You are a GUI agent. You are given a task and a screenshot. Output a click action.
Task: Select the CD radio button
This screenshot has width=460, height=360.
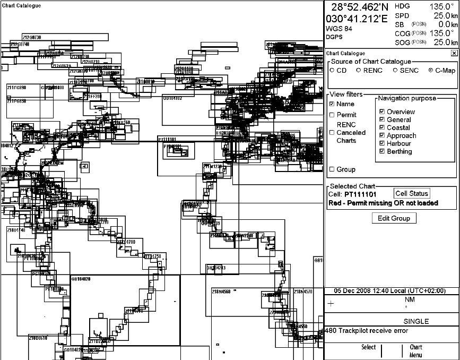coord(332,71)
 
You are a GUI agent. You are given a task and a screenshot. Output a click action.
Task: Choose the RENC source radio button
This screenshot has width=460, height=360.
coord(358,71)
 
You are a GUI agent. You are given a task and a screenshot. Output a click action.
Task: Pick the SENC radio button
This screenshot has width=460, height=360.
coord(395,71)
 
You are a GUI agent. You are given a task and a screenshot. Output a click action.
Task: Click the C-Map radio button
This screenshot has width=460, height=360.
coord(430,71)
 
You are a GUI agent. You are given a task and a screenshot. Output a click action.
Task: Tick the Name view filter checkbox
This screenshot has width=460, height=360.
coord(332,104)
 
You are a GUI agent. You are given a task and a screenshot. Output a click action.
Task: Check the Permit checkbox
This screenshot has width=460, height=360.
coord(332,115)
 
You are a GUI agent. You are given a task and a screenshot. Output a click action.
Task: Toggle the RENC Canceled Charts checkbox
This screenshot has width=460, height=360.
coord(332,133)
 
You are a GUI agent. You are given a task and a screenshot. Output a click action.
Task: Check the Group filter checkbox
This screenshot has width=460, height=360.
coord(332,169)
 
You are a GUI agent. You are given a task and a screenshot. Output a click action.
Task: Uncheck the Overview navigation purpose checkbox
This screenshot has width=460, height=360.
coord(382,112)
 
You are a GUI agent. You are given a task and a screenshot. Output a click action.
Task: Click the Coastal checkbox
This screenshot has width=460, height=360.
coord(382,128)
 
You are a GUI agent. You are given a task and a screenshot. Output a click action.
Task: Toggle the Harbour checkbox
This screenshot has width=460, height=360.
coord(382,143)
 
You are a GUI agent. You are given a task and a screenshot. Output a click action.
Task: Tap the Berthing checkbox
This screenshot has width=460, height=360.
coord(382,151)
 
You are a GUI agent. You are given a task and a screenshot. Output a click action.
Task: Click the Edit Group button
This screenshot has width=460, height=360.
coord(393,218)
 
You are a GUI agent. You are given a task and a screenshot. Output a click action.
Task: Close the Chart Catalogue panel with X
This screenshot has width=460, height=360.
coord(454,53)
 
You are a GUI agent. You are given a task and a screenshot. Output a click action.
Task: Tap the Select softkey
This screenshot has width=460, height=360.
coord(368,348)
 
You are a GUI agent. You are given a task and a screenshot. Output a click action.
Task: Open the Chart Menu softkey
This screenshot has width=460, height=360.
coord(415,351)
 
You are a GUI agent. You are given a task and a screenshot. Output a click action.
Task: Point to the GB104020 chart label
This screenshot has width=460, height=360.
coord(81,279)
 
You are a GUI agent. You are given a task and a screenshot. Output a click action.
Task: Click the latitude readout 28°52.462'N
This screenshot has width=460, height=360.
coord(360,7)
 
